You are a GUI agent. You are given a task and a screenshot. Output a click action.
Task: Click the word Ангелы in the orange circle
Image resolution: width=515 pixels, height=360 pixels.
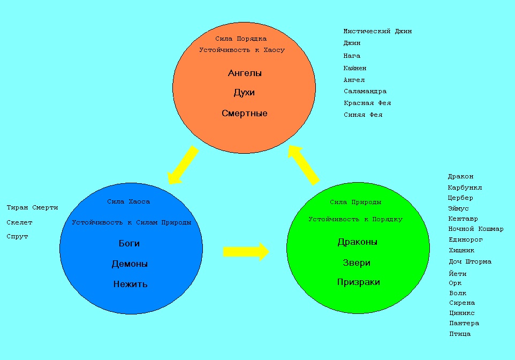coord(245,73)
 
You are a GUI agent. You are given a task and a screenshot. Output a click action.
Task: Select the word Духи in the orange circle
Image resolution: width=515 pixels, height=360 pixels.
coord(244,93)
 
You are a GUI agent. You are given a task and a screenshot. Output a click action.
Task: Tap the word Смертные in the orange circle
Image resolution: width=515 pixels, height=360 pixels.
coord(244,113)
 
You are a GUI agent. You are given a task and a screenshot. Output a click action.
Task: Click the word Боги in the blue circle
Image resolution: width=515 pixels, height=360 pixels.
coord(129,243)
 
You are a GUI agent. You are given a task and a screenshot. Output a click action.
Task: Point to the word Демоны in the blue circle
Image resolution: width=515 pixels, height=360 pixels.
coord(130,264)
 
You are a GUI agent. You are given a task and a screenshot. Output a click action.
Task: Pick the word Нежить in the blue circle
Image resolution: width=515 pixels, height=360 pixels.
coord(130,284)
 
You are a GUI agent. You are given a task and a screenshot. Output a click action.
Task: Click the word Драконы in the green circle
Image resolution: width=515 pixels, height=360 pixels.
coord(357,242)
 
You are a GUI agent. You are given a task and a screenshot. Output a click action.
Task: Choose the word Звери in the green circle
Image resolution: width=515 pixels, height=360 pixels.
coord(357,262)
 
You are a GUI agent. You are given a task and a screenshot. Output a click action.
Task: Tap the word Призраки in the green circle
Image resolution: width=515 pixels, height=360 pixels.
coord(358,282)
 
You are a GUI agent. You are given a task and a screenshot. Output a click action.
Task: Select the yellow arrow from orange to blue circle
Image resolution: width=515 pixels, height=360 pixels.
coord(183,166)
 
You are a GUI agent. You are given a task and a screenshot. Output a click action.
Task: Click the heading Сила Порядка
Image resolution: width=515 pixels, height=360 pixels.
coord(241,39)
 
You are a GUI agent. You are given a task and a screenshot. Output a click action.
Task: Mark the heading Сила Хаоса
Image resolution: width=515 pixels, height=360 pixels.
coord(128,201)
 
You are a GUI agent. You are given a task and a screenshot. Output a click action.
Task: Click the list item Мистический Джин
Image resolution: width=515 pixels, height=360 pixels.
coord(377,31)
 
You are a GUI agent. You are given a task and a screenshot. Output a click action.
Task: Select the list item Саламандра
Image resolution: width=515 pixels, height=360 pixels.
coord(365,91)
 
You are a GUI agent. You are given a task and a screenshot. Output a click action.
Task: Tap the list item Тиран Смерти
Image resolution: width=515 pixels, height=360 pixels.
coord(32,207)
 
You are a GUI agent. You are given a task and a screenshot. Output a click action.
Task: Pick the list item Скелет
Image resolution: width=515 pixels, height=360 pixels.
coord(19,222)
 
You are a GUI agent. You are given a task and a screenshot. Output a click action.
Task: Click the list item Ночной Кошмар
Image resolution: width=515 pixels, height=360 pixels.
coord(475,229)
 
